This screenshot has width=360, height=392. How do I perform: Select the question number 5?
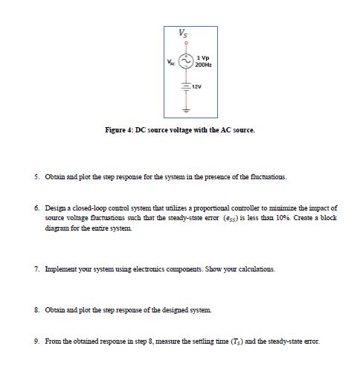(x=36, y=178)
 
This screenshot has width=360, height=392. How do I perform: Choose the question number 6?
(x=36, y=209)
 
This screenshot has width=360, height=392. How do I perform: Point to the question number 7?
(x=36, y=268)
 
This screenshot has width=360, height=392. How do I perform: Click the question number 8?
(x=36, y=308)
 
